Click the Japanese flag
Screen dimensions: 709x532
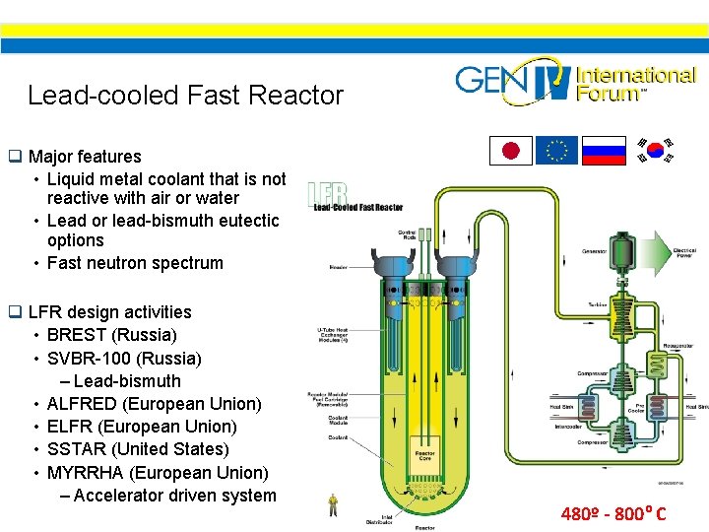click(511, 151)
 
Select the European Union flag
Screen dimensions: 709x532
click(557, 151)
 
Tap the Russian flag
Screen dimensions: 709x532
click(604, 151)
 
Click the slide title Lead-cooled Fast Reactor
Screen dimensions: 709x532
click(185, 96)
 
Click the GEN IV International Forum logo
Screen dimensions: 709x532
click(575, 82)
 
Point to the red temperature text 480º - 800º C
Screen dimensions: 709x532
click(613, 513)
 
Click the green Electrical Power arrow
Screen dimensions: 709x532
click(676, 254)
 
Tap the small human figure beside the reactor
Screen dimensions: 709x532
click(334, 505)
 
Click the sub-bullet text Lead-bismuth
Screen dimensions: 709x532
click(127, 381)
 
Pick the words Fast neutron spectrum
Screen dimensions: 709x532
click(135, 263)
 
